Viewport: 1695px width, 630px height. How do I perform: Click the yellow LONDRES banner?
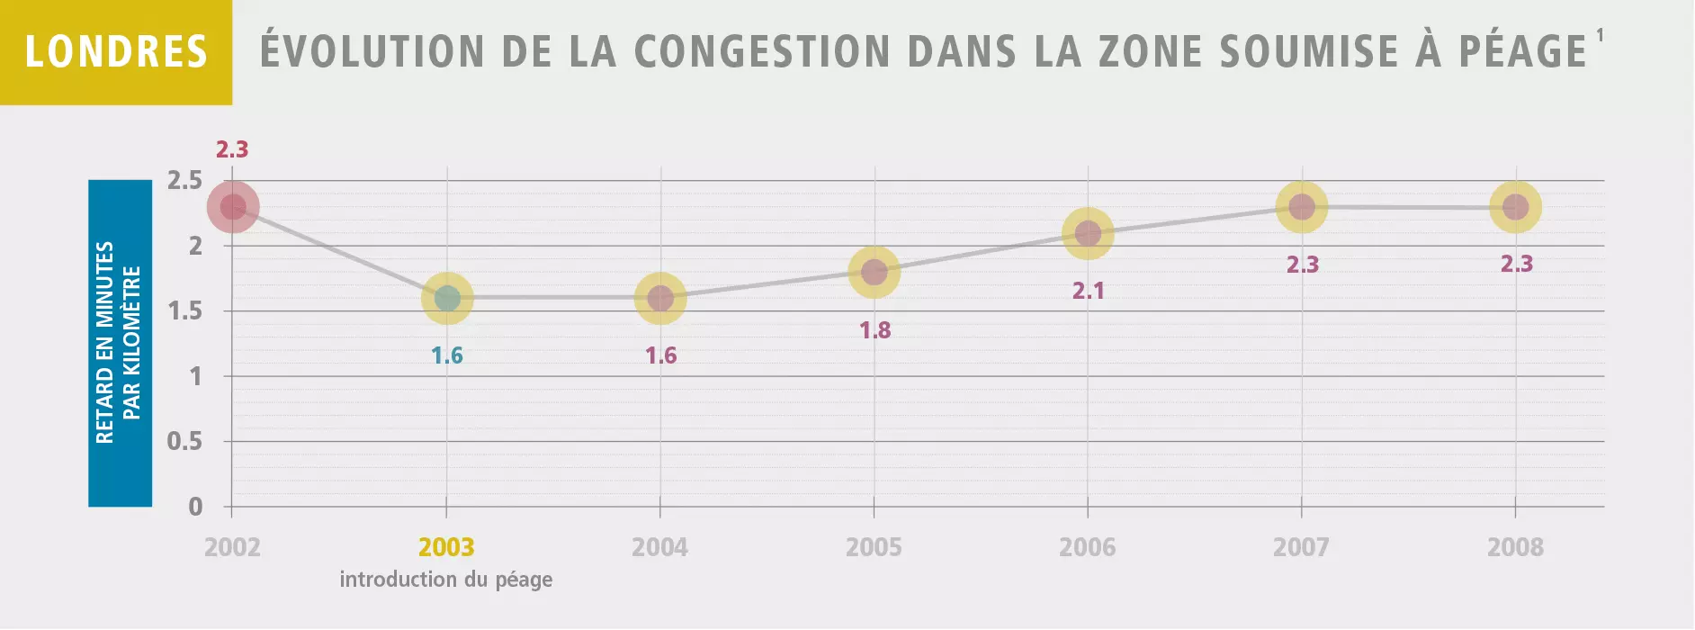[x=116, y=52]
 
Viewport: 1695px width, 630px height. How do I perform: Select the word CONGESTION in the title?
[x=762, y=51]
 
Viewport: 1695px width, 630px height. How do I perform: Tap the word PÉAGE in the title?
[x=1522, y=51]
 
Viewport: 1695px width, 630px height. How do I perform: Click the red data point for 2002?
[x=233, y=207]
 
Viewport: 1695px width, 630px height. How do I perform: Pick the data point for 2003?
[x=447, y=298]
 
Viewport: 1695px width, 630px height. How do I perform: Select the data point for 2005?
[x=874, y=272]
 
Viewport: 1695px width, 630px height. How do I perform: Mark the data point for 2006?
[x=1089, y=234]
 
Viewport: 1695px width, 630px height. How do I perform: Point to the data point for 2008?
[x=1516, y=207]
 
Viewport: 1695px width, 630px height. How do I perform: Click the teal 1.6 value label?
[x=447, y=355]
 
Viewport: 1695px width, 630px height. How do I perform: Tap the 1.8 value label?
[x=874, y=330]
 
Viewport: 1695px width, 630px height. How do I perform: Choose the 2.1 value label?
[x=1089, y=291]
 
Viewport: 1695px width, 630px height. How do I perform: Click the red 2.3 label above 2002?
[x=232, y=149]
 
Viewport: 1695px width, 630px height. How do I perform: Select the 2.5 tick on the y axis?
[x=185, y=181]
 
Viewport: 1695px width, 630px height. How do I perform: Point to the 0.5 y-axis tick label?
[x=184, y=442]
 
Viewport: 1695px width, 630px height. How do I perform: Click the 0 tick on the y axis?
[x=195, y=507]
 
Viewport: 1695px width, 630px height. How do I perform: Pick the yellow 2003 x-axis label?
[x=446, y=547]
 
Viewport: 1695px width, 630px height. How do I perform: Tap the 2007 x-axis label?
[x=1301, y=547]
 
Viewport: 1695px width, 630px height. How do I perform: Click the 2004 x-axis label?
[x=659, y=547]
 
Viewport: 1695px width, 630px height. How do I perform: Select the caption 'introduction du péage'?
[x=446, y=580]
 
